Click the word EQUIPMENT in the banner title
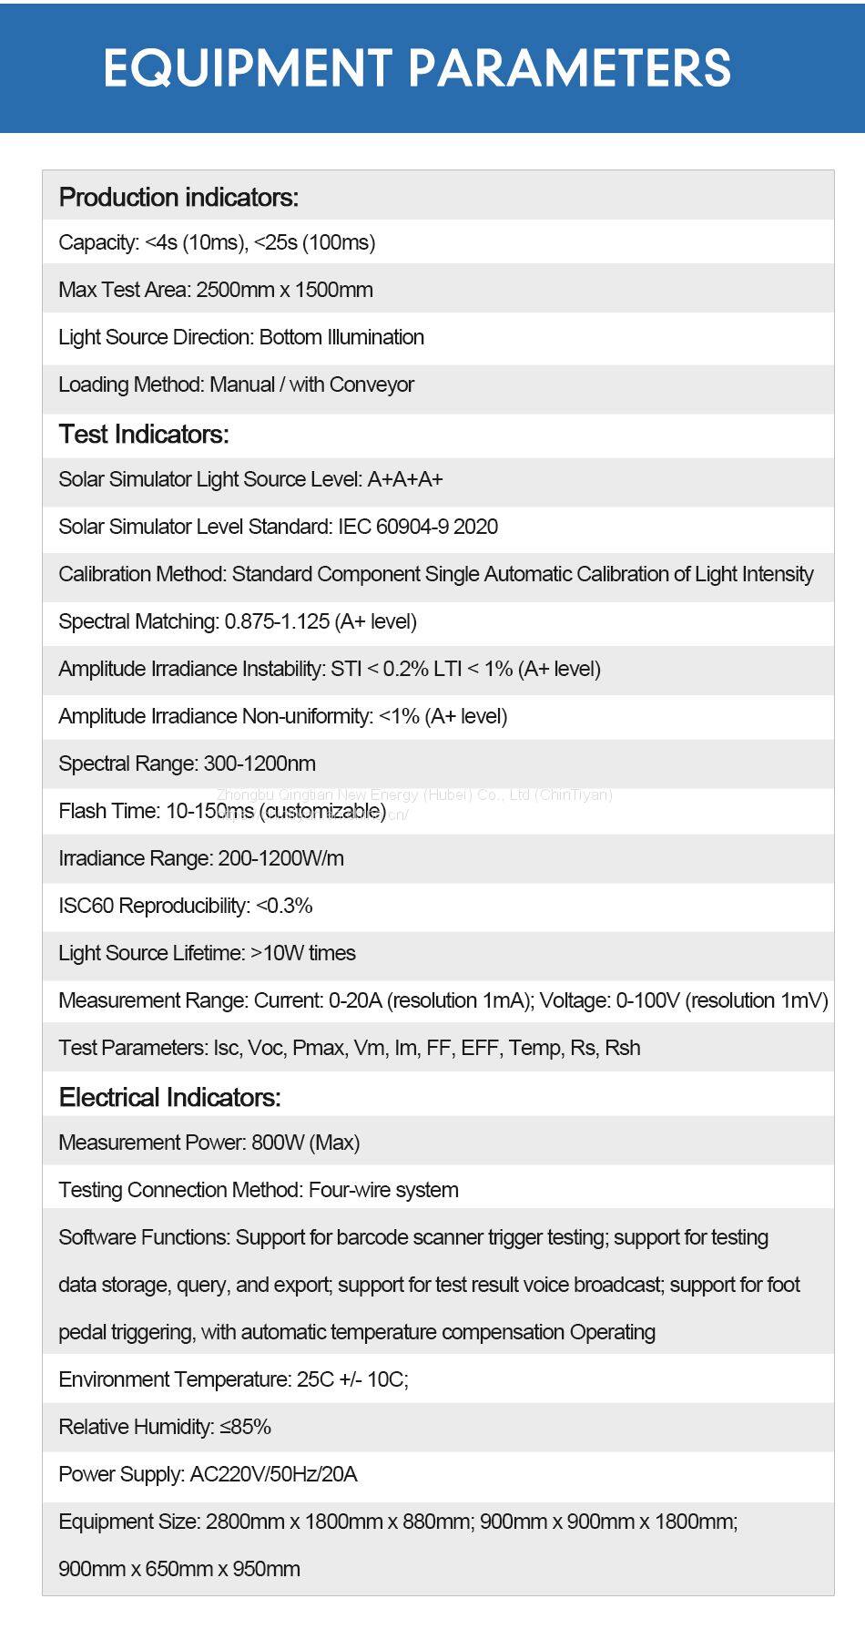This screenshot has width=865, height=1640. [x=247, y=68]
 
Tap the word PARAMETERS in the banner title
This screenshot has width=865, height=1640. [x=569, y=68]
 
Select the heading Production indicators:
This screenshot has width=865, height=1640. [x=178, y=197]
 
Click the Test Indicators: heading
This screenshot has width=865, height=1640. [x=144, y=434]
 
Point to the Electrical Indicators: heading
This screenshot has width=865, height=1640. [x=169, y=1097]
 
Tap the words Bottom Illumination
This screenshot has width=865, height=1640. [x=341, y=337]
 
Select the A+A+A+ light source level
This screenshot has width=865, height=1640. [x=405, y=479]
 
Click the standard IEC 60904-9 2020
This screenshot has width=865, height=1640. [x=418, y=527]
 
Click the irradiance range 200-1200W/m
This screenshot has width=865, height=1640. [x=280, y=858]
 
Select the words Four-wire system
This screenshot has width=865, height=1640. [x=383, y=1190]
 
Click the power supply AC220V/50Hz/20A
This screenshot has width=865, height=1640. [x=273, y=1474]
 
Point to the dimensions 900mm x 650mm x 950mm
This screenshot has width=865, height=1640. [x=179, y=1569]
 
